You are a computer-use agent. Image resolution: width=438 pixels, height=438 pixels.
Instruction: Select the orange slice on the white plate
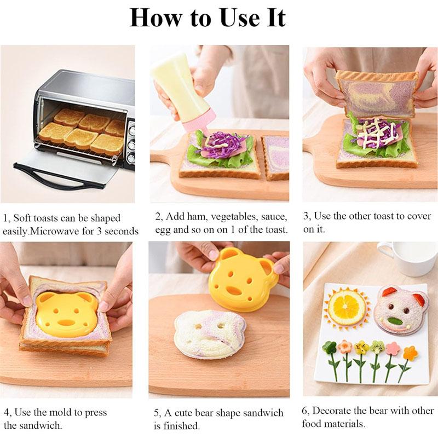pos(347,307)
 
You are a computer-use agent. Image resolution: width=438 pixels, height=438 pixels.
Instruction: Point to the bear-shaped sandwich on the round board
pos(210,333)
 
